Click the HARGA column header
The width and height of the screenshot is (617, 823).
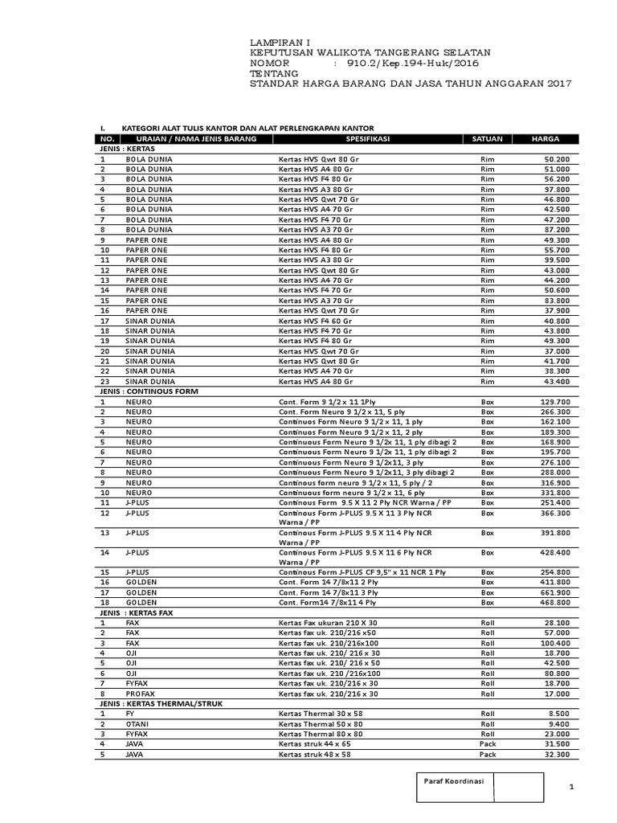pyautogui.click(x=545, y=139)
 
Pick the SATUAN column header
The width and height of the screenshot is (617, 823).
pyautogui.click(x=487, y=139)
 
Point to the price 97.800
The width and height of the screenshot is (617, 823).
pyautogui.click(x=556, y=189)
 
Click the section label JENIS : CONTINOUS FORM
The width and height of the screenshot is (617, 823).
pyautogui.click(x=149, y=391)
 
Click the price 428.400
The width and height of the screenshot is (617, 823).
pyautogui.click(x=554, y=553)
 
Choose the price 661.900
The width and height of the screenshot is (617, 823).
pyautogui.click(x=554, y=592)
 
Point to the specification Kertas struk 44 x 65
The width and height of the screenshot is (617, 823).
pyautogui.click(x=314, y=744)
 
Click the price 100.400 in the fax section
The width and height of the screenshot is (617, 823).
pyautogui.click(x=554, y=643)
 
